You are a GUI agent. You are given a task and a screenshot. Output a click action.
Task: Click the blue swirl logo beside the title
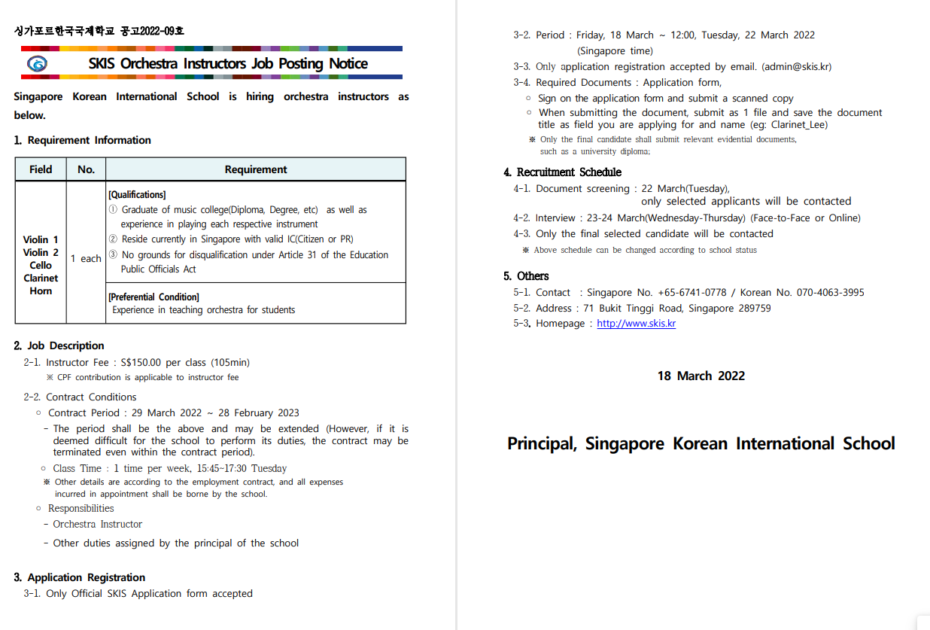coord(36,64)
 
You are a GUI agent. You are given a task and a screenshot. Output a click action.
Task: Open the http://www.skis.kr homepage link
coord(636,324)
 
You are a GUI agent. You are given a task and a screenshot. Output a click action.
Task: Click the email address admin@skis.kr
coord(796,67)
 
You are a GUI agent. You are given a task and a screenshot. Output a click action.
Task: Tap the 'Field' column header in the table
coord(41,169)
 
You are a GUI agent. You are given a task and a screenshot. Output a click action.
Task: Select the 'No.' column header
coord(86,169)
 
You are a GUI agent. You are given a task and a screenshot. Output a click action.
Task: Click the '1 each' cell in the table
coord(86,258)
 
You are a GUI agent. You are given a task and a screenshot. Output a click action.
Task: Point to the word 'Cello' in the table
coord(41,265)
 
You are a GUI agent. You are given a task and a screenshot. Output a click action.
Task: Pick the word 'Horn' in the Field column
coord(41,291)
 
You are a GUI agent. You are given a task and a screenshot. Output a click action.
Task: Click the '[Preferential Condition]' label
coord(153,297)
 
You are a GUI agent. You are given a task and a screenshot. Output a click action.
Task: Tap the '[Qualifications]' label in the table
coord(137,194)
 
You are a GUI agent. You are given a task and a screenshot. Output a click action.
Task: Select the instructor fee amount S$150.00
coord(145,363)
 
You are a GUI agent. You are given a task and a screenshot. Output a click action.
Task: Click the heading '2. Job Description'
coord(59,345)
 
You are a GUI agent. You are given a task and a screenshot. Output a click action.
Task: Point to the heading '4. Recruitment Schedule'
coord(562,172)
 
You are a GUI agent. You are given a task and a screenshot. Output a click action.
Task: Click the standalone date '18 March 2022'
coord(701,376)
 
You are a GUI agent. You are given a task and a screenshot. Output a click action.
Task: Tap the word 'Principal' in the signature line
coord(541,443)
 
